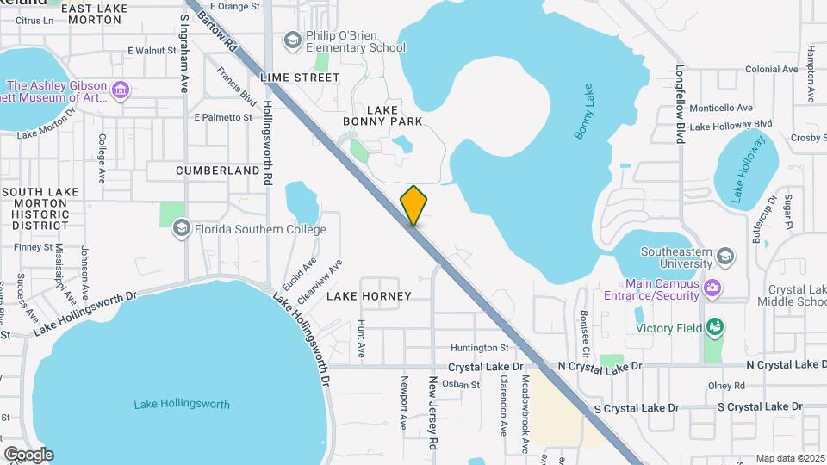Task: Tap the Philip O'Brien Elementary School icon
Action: (x=293, y=40)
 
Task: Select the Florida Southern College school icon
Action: (x=181, y=228)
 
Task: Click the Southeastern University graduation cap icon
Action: (x=725, y=257)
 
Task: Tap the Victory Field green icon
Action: (x=713, y=327)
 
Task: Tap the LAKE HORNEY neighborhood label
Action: (x=369, y=295)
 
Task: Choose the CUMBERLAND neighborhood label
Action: (x=217, y=170)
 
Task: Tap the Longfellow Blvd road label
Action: (x=680, y=103)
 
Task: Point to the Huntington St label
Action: (x=480, y=348)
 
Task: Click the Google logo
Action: (x=28, y=455)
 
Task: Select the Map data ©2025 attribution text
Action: (x=789, y=458)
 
